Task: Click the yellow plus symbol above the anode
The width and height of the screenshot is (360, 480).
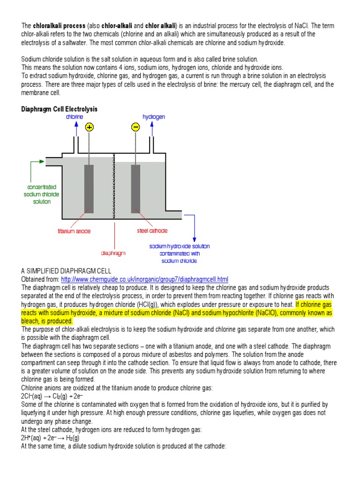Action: tap(89, 127)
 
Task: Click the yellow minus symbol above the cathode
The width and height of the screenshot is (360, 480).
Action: tap(135, 127)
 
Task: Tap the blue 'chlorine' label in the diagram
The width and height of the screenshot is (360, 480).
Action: tap(75, 116)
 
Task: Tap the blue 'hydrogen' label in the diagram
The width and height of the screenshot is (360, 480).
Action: tap(154, 116)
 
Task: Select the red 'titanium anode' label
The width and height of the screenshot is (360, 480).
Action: tap(74, 231)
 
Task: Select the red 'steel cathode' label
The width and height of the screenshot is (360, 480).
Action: tap(152, 231)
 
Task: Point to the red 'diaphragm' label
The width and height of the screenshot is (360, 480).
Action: tap(113, 253)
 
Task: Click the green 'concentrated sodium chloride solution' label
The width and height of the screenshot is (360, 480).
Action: tap(42, 194)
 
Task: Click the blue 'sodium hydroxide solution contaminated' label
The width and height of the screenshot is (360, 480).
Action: tap(180, 253)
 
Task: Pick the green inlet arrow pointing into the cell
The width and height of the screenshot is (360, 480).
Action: tap(37, 162)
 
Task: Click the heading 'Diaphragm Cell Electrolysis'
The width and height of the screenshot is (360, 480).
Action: tap(59, 109)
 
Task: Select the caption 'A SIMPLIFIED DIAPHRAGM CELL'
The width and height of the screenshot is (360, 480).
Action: tap(66, 271)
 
